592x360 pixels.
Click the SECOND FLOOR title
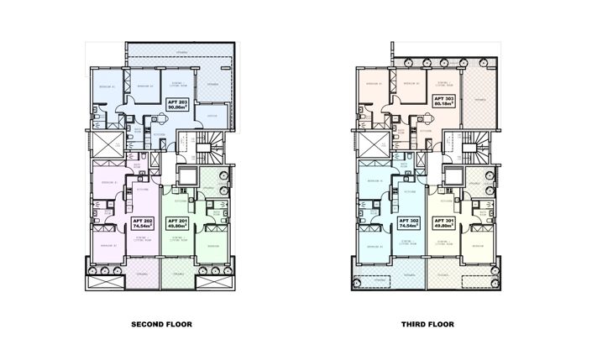[162, 323]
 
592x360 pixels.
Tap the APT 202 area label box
[143, 222]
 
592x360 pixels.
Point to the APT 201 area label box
[177, 222]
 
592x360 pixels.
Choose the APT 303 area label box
[443, 102]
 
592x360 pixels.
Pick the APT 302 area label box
[409, 222]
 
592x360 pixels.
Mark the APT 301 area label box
[443, 222]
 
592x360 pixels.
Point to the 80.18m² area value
[443, 106]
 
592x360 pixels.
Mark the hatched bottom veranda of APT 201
[177, 278]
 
